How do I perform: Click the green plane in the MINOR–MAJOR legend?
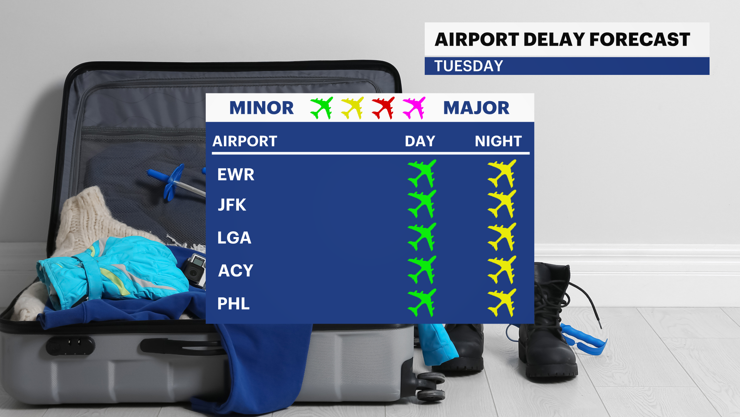(321, 108)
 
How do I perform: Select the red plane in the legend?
(383, 108)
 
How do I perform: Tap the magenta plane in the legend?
(414, 108)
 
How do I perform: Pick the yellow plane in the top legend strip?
(352, 108)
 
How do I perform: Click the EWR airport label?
(236, 175)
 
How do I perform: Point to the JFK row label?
(232, 205)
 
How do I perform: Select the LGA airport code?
(234, 237)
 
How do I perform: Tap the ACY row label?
(236, 271)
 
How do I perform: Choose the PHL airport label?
(234, 303)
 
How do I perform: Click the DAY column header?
(420, 141)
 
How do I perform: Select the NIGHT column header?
(498, 141)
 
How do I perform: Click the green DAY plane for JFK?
(422, 204)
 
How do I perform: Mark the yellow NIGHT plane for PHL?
(502, 303)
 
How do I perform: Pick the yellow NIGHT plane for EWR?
(502, 174)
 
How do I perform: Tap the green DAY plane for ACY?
(422, 270)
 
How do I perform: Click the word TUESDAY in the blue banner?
(469, 66)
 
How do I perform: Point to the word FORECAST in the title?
(640, 39)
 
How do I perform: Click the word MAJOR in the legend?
(476, 108)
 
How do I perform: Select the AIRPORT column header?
(245, 141)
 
